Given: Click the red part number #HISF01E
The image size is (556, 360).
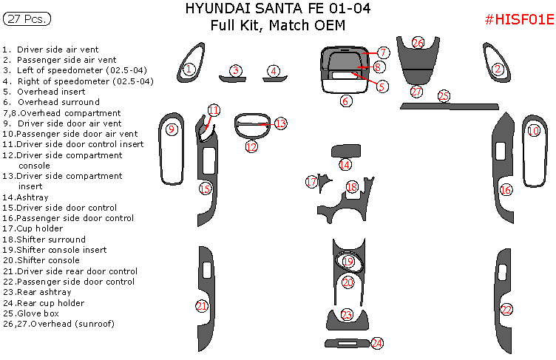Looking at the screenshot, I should click(x=518, y=20).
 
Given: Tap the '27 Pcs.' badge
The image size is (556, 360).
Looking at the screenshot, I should click(x=23, y=20).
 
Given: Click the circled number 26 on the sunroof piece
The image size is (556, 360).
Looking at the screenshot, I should click(x=418, y=44).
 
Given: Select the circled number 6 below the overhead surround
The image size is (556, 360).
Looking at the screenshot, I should click(x=346, y=101).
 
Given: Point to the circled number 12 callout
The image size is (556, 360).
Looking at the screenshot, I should click(x=251, y=147).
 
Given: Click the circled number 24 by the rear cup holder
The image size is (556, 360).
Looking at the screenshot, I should click(x=377, y=343).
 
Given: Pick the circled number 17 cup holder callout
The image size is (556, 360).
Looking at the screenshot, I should click(x=311, y=182).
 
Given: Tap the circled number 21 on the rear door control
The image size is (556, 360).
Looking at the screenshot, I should click(x=202, y=306).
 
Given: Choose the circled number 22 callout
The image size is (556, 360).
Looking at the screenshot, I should click(x=506, y=309).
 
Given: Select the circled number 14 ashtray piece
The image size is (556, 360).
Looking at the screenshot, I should click(x=345, y=165).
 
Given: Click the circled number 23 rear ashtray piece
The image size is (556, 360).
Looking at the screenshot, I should click(x=347, y=316).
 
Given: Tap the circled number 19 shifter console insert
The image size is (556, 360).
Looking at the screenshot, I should click(x=347, y=262).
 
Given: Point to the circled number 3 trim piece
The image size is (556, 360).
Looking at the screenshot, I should click(x=235, y=71).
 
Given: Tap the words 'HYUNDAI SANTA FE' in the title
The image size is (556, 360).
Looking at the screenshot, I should click(x=245, y=9).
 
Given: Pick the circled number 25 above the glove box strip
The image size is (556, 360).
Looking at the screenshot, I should click(x=444, y=96).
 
